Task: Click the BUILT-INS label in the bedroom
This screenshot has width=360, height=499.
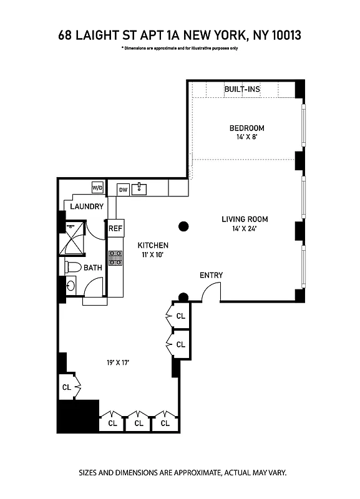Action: pyautogui.click(x=242, y=89)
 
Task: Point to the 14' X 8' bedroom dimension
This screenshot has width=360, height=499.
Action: pyautogui.click(x=243, y=138)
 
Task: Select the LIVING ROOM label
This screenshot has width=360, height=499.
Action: pyautogui.click(x=245, y=219)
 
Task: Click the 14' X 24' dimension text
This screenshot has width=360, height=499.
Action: pyautogui.click(x=245, y=228)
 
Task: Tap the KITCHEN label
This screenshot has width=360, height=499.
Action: pyautogui.click(x=153, y=245)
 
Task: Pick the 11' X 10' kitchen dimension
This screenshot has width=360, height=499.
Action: pyautogui.click(x=153, y=254)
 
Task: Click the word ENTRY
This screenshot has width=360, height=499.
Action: pyautogui.click(x=211, y=275)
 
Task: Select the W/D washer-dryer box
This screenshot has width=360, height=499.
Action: pyautogui.click(x=97, y=187)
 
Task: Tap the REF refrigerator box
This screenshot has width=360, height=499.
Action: pyautogui.click(x=115, y=228)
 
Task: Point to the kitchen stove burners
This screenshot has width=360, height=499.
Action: pyautogui.click(x=115, y=258)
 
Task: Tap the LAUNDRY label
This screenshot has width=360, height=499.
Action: pyautogui.click(x=87, y=206)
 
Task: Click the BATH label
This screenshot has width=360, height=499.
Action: pyautogui.click(x=93, y=268)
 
